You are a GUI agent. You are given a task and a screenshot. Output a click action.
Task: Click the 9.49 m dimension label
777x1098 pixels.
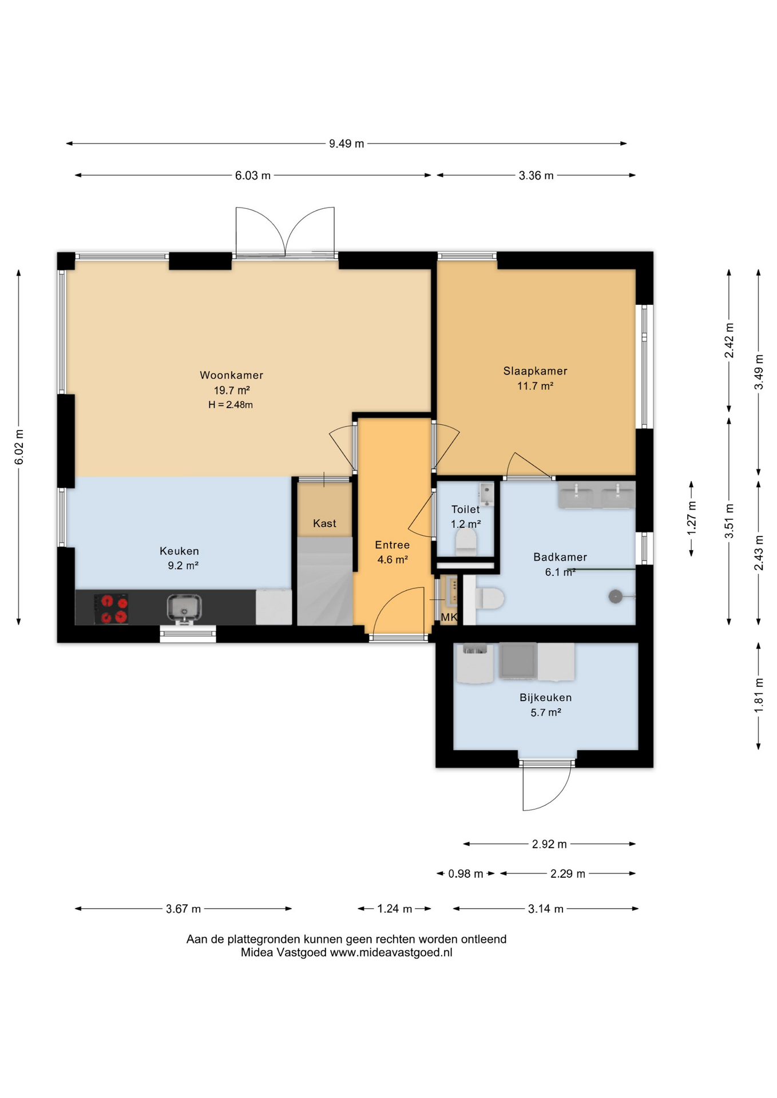[346, 144]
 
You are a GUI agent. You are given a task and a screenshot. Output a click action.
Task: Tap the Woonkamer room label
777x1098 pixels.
[231, 375]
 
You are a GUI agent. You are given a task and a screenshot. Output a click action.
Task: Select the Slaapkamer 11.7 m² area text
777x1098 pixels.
[535, 386]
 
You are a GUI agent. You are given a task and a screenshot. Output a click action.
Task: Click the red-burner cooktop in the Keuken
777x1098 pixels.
[111, 609]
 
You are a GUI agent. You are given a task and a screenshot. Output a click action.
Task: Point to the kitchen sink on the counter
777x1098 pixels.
[184, 607]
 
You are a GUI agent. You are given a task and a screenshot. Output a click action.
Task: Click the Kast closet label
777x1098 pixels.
[324, 523]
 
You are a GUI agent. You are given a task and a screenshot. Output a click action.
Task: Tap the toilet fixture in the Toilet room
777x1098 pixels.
[466, 542]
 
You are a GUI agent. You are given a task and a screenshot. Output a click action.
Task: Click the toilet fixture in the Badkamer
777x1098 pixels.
[490, 599]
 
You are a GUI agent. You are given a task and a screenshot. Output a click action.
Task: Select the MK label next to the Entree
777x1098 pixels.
[449, 617]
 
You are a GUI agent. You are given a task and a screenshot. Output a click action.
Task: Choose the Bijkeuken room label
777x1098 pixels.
[545, 697]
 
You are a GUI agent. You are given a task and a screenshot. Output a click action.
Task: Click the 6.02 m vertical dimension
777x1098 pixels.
[19, 447]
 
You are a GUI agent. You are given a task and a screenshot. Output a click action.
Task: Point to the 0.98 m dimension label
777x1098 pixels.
[466, 874]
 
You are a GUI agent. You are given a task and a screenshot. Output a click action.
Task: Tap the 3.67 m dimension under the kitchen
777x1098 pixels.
[183, 909]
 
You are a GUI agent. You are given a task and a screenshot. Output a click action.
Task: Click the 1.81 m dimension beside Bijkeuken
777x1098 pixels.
[759, 695]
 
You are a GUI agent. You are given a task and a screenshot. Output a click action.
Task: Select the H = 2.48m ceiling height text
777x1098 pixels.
[231, 405]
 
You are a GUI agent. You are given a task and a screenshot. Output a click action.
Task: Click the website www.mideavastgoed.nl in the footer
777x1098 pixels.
[391, 953]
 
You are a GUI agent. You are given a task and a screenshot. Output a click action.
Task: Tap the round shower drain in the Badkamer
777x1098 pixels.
[615, 596]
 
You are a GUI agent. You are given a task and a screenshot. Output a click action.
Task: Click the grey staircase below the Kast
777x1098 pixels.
[324, 581]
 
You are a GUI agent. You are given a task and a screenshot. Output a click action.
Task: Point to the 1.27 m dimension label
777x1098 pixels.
[691, 518]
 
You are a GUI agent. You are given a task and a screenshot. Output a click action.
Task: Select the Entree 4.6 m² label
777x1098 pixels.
[393, 552]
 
